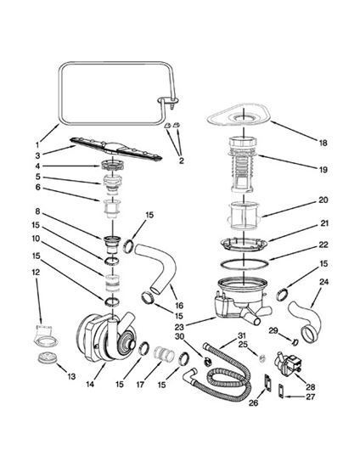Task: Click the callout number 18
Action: pyautogui.click(x=323, y=143)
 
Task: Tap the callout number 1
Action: pyautogui.click(x=37, y=145)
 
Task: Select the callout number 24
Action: pyautogui.click(x=323, y=282)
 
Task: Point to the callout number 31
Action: pyautogui.click(x=241, y=335)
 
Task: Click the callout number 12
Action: pyautogui.click(x=37, y=273)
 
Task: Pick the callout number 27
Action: pyautogui.click(x=310, y=397)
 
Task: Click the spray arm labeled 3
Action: pyautogui.click(x=115, y=148)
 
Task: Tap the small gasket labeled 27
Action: pyautogui.click(x=280, y=391)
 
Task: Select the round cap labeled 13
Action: pyautogui.click(x=48, y=357)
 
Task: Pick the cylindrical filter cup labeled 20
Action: pyautogui.click(x=245, y=216)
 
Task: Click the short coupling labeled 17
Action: pyautogui.click(x=164, y=354)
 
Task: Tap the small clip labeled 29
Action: pyautogui.click(x=295, y=342)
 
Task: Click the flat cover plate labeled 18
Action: pyautogui.click(x=239, y=117)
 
